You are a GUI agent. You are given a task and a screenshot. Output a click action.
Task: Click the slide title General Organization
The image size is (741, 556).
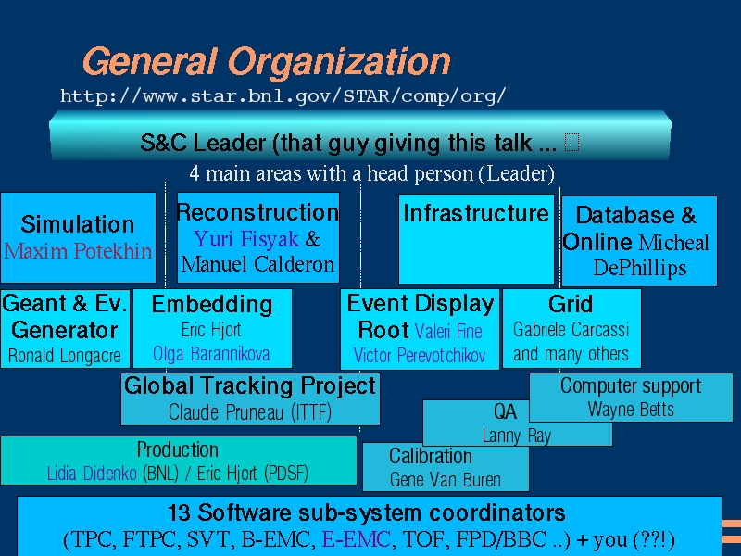coord(267,62)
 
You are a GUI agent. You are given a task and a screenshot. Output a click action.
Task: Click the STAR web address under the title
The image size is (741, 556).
coord(283,96)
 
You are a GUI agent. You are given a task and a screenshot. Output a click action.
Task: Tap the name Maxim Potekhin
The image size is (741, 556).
coord(78,251)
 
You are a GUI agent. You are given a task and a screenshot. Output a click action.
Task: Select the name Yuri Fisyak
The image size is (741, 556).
coord(246,239)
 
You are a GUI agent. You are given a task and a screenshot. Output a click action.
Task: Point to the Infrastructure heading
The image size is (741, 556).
coord(476,213)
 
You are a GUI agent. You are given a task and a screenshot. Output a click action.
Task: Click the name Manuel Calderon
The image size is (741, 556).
coord(258,264)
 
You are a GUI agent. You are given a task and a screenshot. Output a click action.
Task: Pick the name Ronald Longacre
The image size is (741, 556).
coord(65,356)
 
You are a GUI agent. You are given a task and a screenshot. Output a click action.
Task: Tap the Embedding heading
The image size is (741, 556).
coord(212,305)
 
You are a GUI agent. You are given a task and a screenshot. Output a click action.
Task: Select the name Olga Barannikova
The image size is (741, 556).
coord(211,354)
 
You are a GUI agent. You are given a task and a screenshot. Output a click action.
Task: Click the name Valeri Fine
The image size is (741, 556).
coord(448,331)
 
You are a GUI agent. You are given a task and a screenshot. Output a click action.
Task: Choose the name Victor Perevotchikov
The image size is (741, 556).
coord(420,356)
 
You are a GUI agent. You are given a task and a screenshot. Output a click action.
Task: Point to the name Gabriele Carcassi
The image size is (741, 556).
coord(571,330)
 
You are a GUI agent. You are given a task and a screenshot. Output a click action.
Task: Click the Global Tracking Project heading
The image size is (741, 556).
coord(250,385)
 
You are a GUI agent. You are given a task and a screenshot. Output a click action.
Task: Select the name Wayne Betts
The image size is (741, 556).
coord(631,409)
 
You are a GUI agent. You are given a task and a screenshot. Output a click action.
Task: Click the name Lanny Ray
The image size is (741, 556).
coord(517,436)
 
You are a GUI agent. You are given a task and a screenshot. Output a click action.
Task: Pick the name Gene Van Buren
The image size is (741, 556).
coord(446,480)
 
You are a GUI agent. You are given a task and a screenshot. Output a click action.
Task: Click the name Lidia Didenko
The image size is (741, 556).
coord(92,474)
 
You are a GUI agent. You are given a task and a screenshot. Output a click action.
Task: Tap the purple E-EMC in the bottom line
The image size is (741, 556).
coord(357,539)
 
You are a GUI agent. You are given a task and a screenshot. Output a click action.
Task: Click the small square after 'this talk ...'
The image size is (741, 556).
coord(571,142)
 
